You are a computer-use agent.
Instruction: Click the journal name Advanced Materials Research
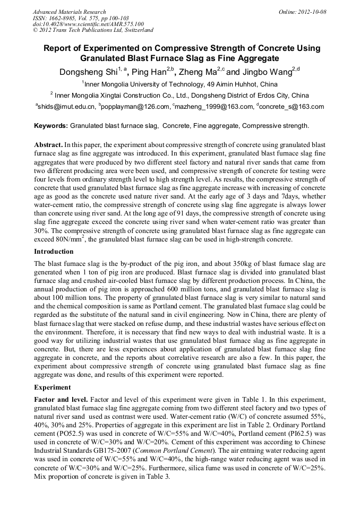tap(69, 12)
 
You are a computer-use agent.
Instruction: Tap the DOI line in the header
tap(88, 24)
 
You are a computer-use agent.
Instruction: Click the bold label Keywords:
tap(51, 126)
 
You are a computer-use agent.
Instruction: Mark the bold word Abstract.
tap(48, 144)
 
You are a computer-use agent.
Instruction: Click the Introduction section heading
tap(54, 251)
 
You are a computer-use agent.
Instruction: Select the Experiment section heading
tap(52, 387)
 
